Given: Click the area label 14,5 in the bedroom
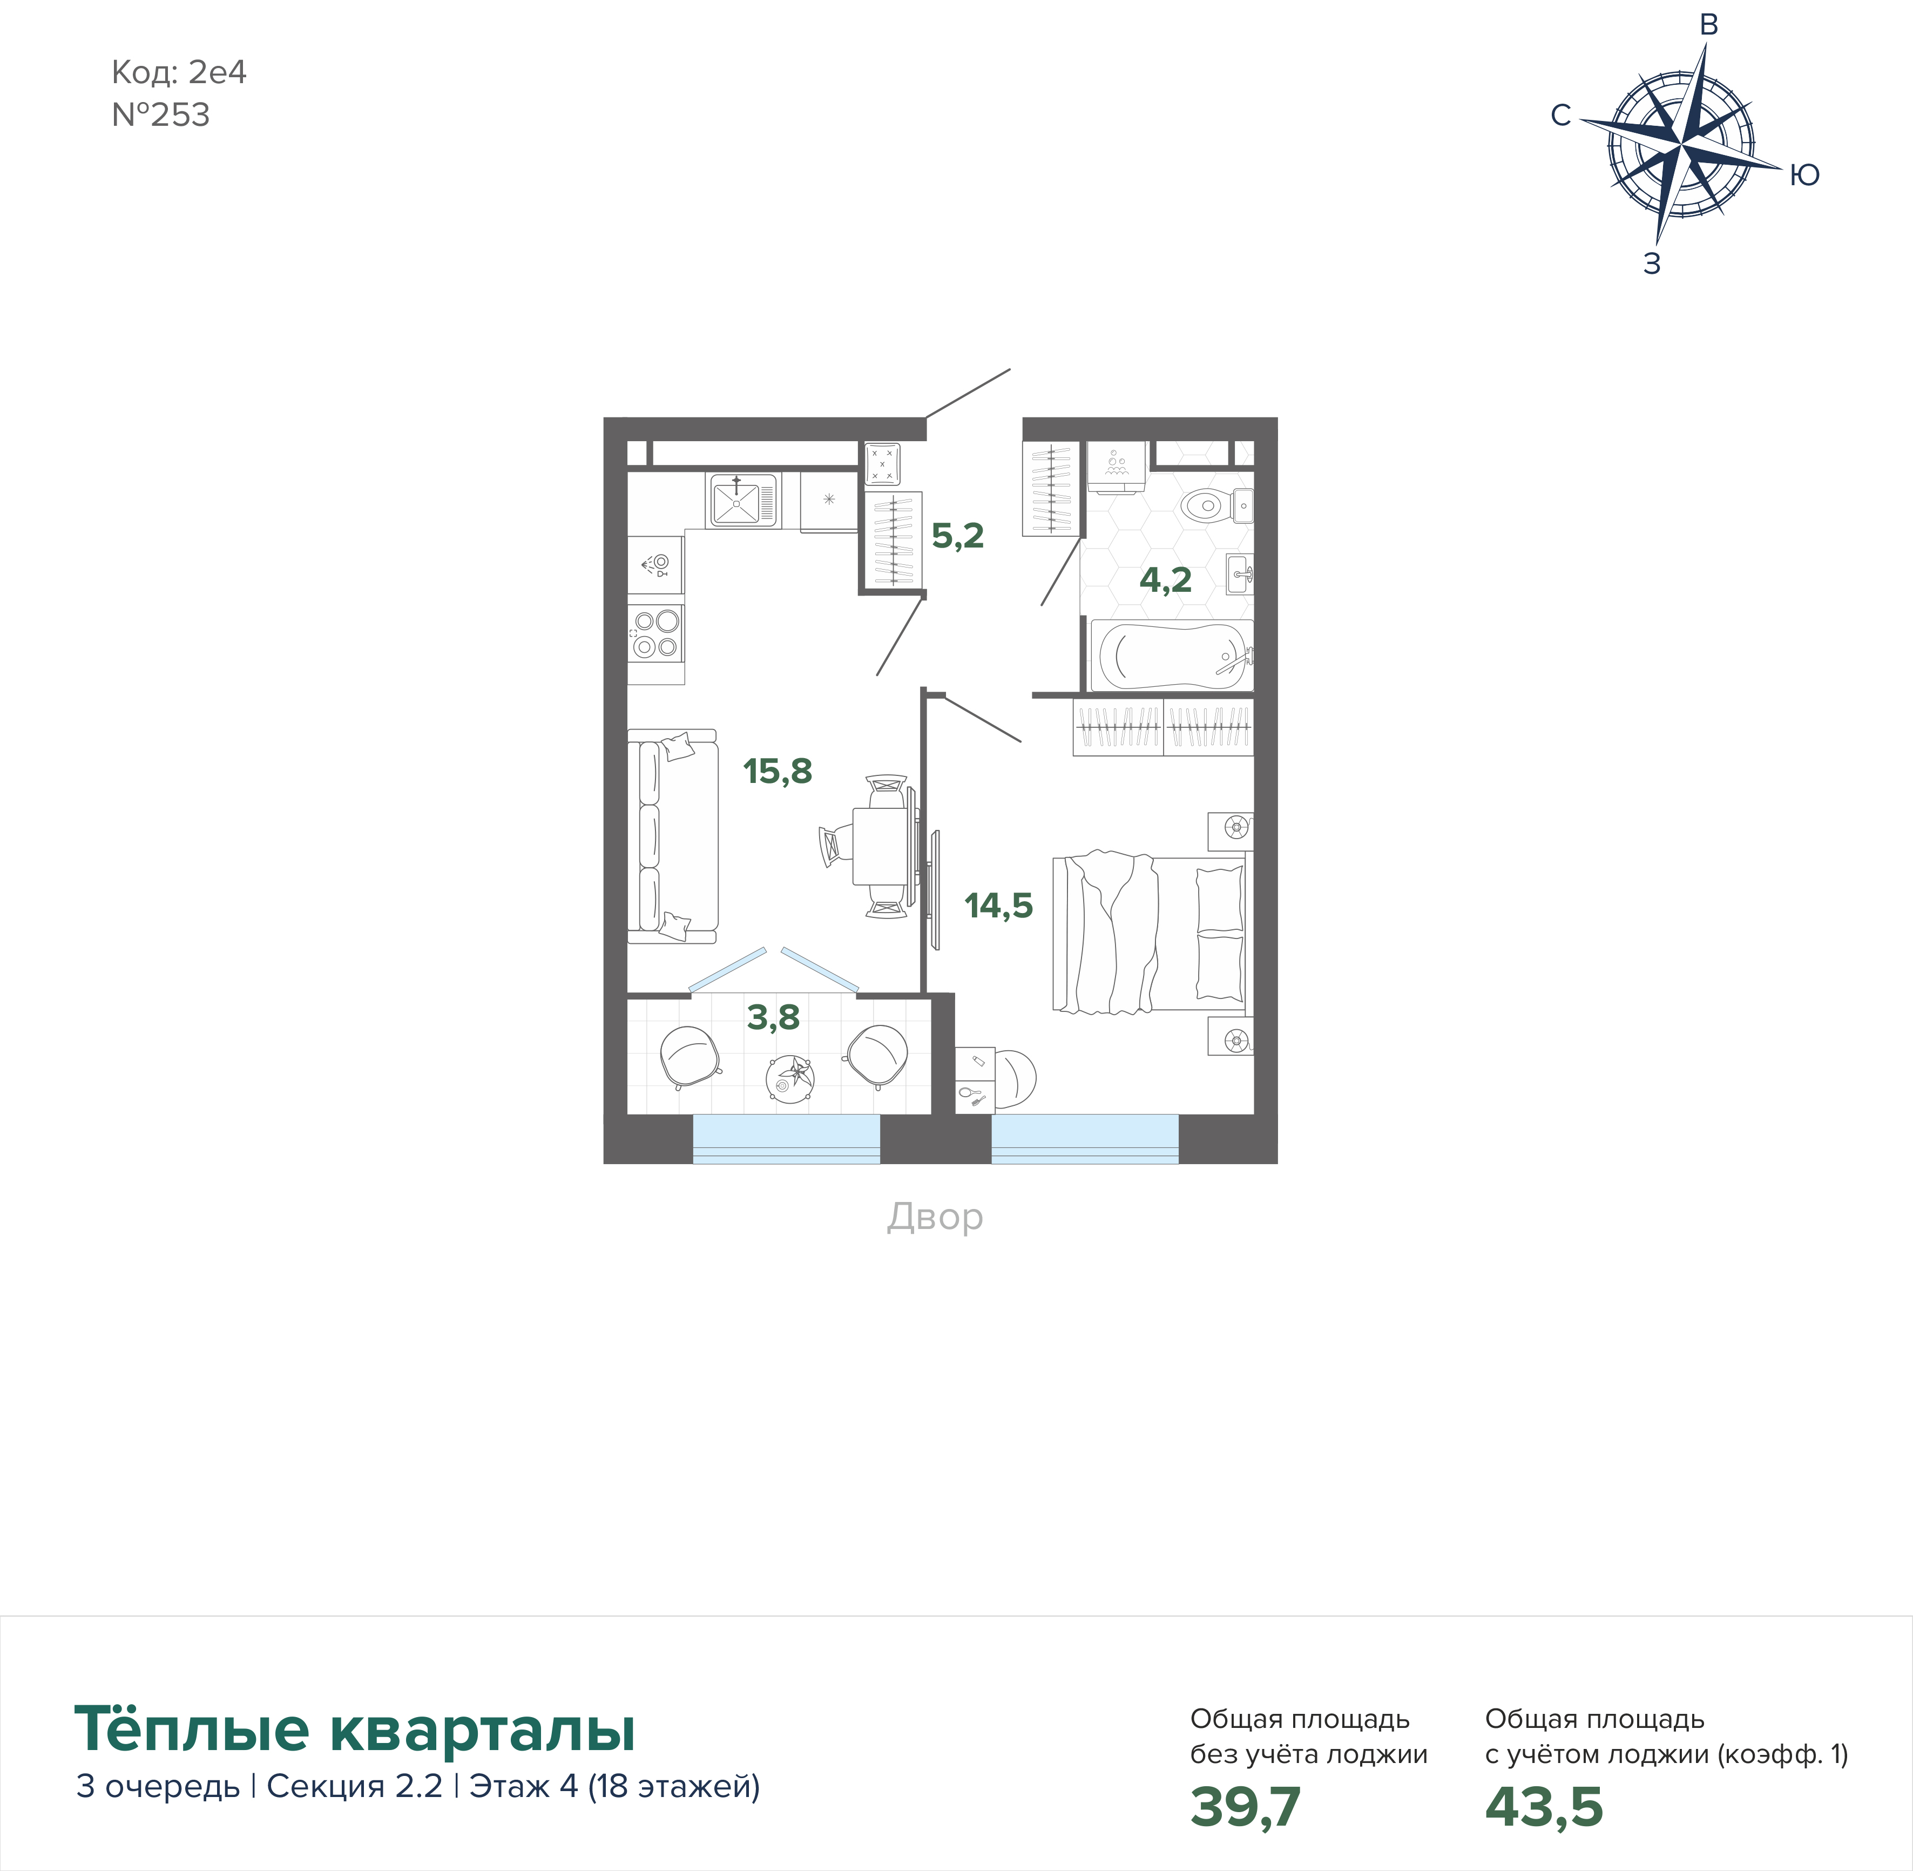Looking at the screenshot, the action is tap(998, 905).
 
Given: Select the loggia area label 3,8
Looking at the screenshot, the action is tap(773, 1017).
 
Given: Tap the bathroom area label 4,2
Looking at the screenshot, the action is tap(1165, 580).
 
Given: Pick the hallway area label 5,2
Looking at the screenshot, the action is tap(957, 536).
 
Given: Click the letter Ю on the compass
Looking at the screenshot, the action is tap(1804, 175).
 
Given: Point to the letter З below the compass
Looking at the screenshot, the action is tap(1652, 264).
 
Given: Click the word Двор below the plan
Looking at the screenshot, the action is tap(935, 1217).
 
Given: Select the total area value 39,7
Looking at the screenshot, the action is tap(1245, 1806).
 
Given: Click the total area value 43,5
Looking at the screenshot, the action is tap(1544, 1806).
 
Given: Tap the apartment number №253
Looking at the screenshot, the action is tap(161, 115).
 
